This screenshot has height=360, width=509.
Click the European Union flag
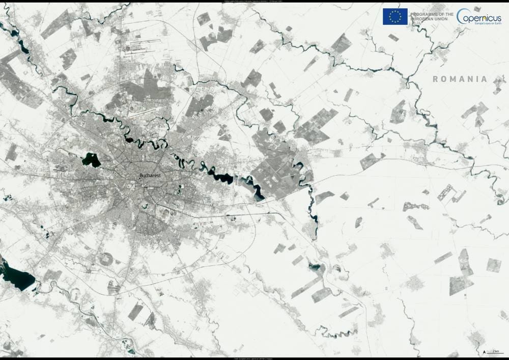(x=395, y=16)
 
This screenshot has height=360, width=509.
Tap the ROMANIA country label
(x=460, y=79)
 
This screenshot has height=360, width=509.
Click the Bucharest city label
(x=150, y=176)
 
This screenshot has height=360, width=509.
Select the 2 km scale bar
(x=494, y=352)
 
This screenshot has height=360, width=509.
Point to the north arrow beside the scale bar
(x=483, y=351)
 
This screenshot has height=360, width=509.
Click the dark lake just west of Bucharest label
(x=92, y=160)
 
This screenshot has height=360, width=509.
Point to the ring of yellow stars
(x=395, y=16)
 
